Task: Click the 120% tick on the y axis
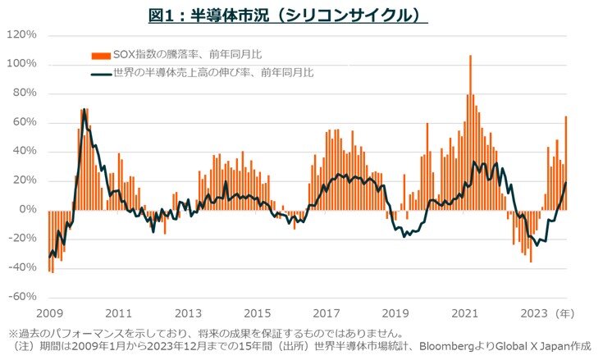pyautogui.click(x=22, y=35)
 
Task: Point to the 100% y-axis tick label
pyautogui.click(x=22, y=64)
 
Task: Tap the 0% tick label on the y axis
pyautogui.click(x=27, y=210)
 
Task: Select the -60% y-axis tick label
pyautogui.click(x=22, y=297)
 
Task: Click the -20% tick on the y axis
pyautogui.click(x=22, y=239)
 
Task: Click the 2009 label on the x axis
pyautogui.click(x=48, y=312)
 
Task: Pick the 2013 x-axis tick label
pyautogui.click(x=188, y=312)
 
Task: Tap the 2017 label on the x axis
pyautogui.click(x=327, y=312)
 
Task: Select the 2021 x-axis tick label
pyautogui.click(x=465, y=312)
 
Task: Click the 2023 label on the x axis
pyautogui.click(x=534, y=312)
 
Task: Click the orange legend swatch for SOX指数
pyautogui.click(x=99, y=55)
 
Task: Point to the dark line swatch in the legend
pyautogui.click(x=99, y=73)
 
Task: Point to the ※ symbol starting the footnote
pyautogui.click(x=12, y=334)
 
